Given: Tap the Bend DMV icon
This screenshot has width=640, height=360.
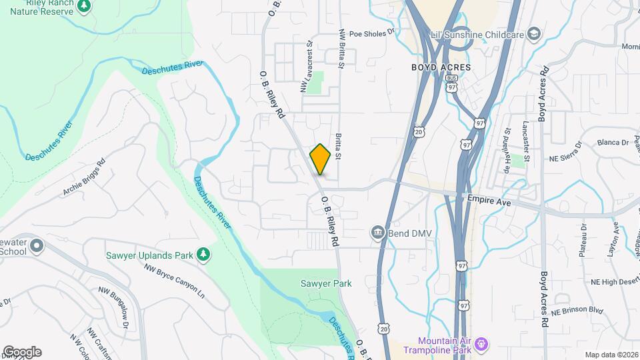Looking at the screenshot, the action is (x=378, y=233).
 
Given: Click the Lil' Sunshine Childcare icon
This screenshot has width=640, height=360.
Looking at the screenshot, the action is (x=534, y=34).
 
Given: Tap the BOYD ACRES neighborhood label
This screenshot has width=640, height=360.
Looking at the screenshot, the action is (x=441, y=67).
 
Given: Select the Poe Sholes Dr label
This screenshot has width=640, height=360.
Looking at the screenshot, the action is (x=372, y=31).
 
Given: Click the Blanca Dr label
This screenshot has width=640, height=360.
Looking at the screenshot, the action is (x=613, y=142).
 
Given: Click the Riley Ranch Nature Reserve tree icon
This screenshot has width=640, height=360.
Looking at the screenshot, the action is (x=84, y=7).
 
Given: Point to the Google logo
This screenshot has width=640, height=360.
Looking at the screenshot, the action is (x=21, y=352).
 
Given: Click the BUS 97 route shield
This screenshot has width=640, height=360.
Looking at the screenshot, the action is (x=451, y=83).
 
